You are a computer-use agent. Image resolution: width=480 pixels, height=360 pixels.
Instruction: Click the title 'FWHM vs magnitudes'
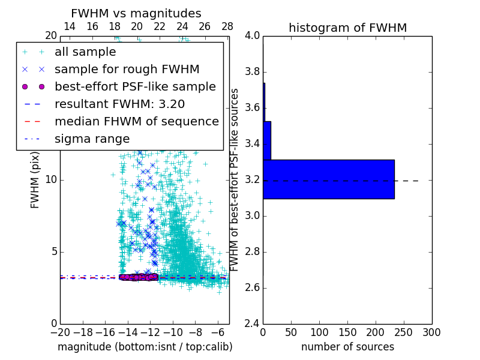pyautogui.click(x=136, y=13)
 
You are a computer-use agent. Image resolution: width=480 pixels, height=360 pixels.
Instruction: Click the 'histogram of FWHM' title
pyautogui.click(x=347, y=28)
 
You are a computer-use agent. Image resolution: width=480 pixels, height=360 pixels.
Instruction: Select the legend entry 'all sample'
pyautogui.click(x=85, y=52)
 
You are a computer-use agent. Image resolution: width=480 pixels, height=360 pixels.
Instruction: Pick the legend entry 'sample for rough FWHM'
pyautogui.click(x=127, y=69)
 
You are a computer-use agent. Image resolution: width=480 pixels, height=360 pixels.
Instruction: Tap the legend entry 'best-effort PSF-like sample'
pyautogui.click(x=135, y=86)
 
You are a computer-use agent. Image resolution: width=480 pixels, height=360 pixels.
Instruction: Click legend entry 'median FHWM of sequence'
pyautogui.click(x=136, y=121)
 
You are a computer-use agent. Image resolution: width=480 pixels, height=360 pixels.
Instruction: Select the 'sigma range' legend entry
pyautogui.click(x=92, y=139)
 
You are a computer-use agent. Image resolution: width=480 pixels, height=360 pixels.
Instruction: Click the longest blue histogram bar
pyautogui.click(x=329, y=179)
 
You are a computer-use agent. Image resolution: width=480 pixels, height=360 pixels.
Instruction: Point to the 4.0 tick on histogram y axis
pyautogui.click(x=253, y=36)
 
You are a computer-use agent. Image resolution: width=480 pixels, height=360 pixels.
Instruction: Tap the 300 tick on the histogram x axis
pyautogui.click(x=431, y=332)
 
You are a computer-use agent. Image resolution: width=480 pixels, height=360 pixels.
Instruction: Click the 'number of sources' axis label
pyautogui.click(x=347, y=347)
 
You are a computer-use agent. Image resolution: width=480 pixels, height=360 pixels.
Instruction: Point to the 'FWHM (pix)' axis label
pyautogui.click(x=35, y=180)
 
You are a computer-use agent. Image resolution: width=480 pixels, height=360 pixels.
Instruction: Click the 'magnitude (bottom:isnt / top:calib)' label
pyautogui.click(x=145, y=347)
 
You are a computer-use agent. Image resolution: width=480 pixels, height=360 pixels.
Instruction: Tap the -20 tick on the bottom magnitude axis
pyautogui.click(x=60, y=332)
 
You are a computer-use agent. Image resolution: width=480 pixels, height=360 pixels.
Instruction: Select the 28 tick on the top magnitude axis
pyautogui.click(x=227, y=26)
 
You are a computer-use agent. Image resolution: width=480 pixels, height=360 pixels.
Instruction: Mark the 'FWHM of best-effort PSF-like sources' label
pyautogui.click(x=235, y=180)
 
